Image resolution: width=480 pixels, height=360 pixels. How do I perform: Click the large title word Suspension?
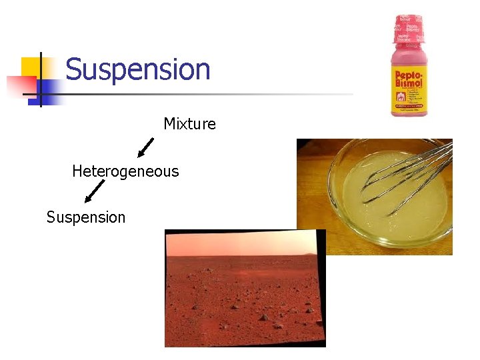point(138,69)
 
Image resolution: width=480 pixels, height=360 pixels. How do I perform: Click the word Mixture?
point(189,124)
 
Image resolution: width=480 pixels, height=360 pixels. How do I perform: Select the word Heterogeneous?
point(125,171)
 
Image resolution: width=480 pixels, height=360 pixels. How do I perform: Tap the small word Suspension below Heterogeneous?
point(86,217)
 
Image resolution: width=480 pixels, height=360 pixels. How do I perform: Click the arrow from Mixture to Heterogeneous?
point(145,148)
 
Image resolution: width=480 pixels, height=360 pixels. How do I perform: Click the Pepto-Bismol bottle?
point(409,67)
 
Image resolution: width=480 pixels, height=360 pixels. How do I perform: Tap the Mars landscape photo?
point(245,293)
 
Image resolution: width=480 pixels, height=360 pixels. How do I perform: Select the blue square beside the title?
point(51,89)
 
